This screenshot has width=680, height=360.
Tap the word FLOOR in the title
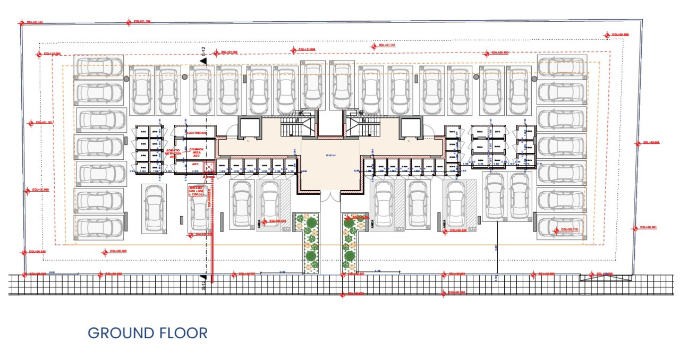pyautogui.click(x=183, y=333)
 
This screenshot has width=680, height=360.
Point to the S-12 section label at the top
pyautogui.click(x=203, y=51)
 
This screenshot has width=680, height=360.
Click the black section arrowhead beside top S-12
pyautogui.click(x=203, y=61)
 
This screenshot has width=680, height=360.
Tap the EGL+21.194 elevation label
pyautogui.click(x=141, y=21)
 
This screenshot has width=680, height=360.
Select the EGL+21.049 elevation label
pyautogui.click(x=307, y=50)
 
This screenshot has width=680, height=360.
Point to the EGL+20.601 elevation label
pyautogui.click(x=648, y=228)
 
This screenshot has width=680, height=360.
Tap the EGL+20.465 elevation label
pyautogui.click(x=118, y=252)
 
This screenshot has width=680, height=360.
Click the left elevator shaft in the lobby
pyautogui.click(x=248, y=127)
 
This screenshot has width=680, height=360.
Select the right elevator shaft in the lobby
pyautogui.click(x=411, y=127)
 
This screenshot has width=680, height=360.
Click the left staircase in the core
pyautogui.click(x=291, y=126)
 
